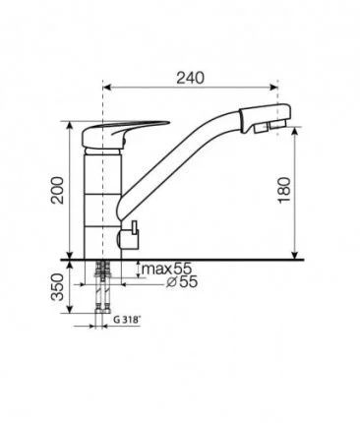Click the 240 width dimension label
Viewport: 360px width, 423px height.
click(x=191, y=78)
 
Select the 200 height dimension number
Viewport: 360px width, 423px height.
click(x=59, y=190)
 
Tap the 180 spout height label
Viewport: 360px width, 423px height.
click(x=284, y=190)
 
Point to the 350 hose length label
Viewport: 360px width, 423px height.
click(x=58, y=287)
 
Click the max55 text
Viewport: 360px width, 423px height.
click(x=166, y=269)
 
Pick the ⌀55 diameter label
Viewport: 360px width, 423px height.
click(x=182, y=281)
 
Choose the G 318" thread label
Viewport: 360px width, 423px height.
click(x=127, y=320)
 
